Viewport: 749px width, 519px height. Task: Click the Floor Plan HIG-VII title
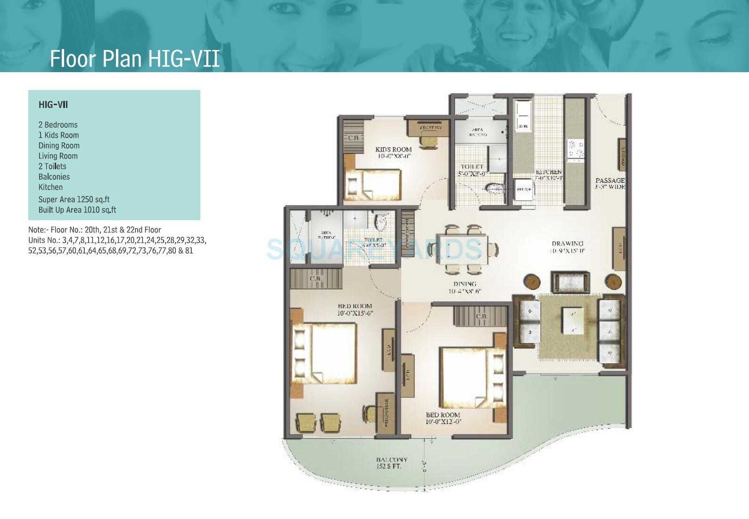click(134, 59)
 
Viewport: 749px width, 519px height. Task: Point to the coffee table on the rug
click(572, 321)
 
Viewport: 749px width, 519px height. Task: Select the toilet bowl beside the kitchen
click(494, 189)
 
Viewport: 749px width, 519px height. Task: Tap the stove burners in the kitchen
click(575, 148)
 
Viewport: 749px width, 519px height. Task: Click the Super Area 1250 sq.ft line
click(74, 199)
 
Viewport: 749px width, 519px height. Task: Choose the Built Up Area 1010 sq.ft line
click(77, 210)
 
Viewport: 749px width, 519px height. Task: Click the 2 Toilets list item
click(52, 166)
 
